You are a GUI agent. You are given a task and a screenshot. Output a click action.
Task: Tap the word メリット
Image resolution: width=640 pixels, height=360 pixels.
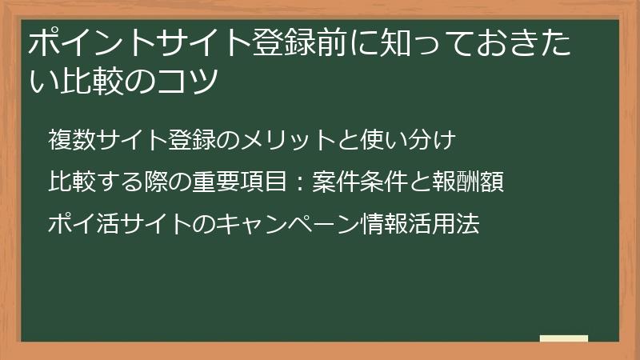[286, 141]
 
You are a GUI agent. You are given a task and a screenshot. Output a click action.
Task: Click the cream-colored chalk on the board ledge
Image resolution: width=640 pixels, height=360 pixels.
[563, 338]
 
